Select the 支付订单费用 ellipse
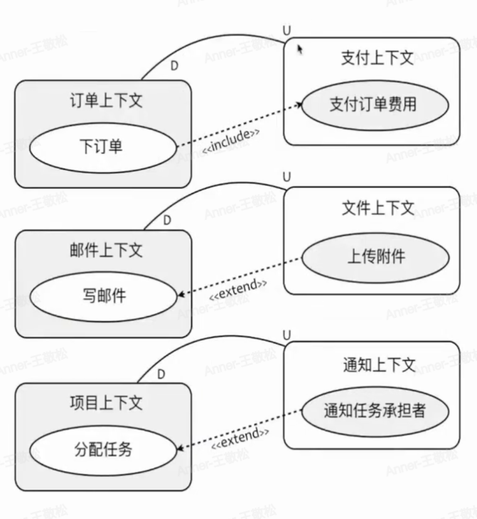tap(375, 104)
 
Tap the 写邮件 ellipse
tap(104, 295)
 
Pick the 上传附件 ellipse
tap(375, 257)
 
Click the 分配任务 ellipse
tap(103, 449)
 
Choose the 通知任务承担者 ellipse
tap(375, 411)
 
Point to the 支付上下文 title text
tap(377, 58)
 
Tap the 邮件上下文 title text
tap(106, 250)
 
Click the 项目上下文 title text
tap(106, 403)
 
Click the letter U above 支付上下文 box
tap(287, 30)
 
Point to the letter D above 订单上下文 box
tap(174, 65)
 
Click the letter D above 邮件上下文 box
tap(167, 220)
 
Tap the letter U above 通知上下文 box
tap(287, 334)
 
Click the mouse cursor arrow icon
tap(299, 48)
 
